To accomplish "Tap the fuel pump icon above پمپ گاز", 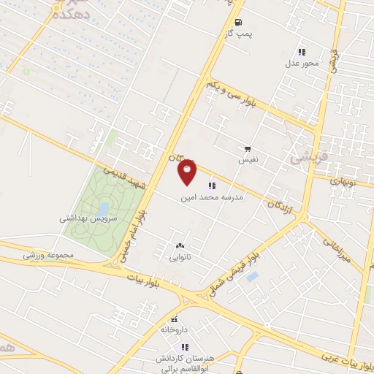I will pyautogui.click(x=239, y=22).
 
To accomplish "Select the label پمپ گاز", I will pyautogui.click(x=239, y=34).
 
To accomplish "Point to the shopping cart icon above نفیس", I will pyautogui.click(x=246, y=147).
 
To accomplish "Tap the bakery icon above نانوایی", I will pyautogui.click(x=179, y=245).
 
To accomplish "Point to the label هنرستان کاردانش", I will pyautogui.click(x=183, y=359).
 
